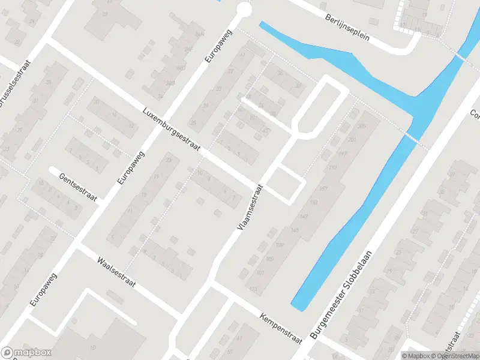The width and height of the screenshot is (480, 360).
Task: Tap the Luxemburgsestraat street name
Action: tap(170, 128)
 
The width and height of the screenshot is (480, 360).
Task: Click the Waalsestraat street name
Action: tap(116, 274)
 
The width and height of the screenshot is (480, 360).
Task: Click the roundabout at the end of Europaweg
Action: tap(244, 10)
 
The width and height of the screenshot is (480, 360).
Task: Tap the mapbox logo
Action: tap(26, 353)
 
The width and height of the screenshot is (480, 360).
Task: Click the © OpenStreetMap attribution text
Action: tap(453, 355)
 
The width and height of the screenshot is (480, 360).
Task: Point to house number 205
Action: tap(361, 127)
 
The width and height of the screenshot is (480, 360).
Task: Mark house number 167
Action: tap(323, 188)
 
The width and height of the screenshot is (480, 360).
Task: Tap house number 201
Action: tap(352, 140)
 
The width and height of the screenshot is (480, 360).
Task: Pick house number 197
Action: tap(342, 154)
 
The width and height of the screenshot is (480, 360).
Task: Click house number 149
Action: tap(295, 229)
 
